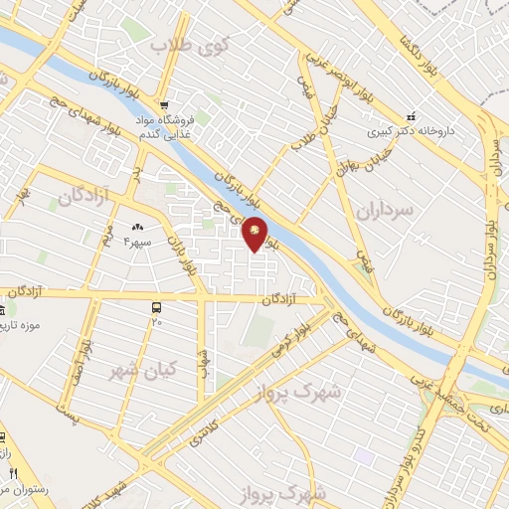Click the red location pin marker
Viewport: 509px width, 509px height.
click(255, 233)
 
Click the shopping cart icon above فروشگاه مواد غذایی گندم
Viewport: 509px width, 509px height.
click(167, 104)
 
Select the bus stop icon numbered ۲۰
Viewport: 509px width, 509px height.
click(156, 307)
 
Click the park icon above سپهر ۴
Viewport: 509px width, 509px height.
click(137, 229)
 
